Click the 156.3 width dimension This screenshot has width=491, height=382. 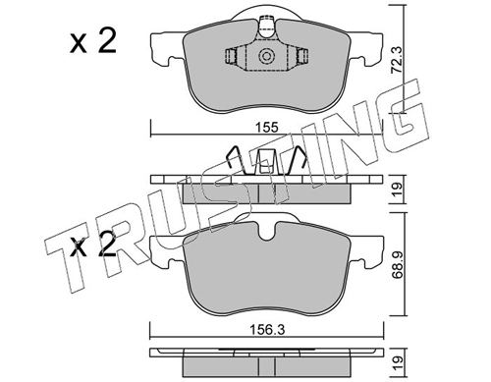[263, 332]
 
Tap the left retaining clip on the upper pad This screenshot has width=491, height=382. [232, 58]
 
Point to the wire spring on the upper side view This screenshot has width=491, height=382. [257, 161]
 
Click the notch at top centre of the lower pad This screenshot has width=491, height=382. [262, 232]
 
